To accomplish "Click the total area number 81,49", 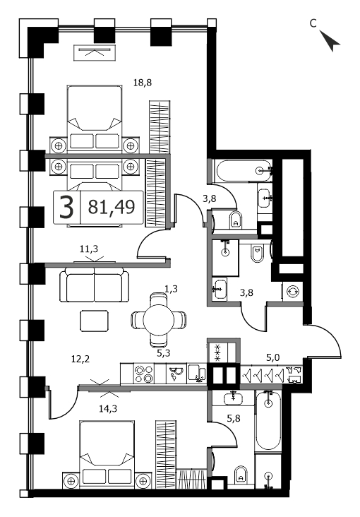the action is [112, 208].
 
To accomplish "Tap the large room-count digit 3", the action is [66, 208].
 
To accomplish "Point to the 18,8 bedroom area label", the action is [143, 83].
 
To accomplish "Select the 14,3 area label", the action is [108, 409].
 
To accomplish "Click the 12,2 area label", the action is [80, 358].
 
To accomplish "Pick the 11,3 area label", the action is [89, 249].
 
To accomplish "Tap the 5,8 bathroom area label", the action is [234, 418].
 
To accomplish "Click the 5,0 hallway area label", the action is [273, 357].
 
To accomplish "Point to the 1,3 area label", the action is [171, 289].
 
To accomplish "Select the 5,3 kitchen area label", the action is [163, 354].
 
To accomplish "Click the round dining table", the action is [159, 320].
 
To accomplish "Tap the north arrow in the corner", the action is [330, 40].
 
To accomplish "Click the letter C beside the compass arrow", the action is [313, 23].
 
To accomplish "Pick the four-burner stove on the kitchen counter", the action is [144, 374].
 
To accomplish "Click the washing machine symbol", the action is [293, 292].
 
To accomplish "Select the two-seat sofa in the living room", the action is [95, 285].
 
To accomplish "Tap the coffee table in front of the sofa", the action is [95, 321].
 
